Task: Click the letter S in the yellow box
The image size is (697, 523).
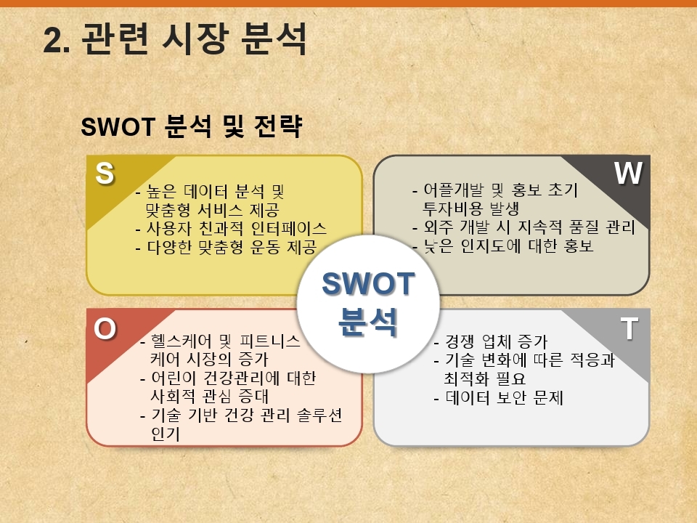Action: click(105, 173)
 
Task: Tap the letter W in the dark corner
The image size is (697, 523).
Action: click(628, 173)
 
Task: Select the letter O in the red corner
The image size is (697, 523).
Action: click(105, 329)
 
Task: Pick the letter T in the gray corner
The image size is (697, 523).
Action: click(629, 329)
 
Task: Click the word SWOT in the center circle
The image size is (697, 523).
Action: click(369, 284)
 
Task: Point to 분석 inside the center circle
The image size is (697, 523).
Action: click(367, 321)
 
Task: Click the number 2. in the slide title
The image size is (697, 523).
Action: click(57, 40)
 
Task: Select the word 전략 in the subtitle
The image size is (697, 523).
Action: click(278, 126)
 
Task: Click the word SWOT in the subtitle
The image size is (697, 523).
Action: click(118, 126)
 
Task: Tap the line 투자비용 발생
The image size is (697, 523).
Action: click(470, 208)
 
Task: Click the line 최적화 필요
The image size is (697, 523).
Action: click(485, 379)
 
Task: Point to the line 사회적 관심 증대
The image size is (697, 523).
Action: click(210, 396)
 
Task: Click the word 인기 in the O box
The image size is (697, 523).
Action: click(166, 433)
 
